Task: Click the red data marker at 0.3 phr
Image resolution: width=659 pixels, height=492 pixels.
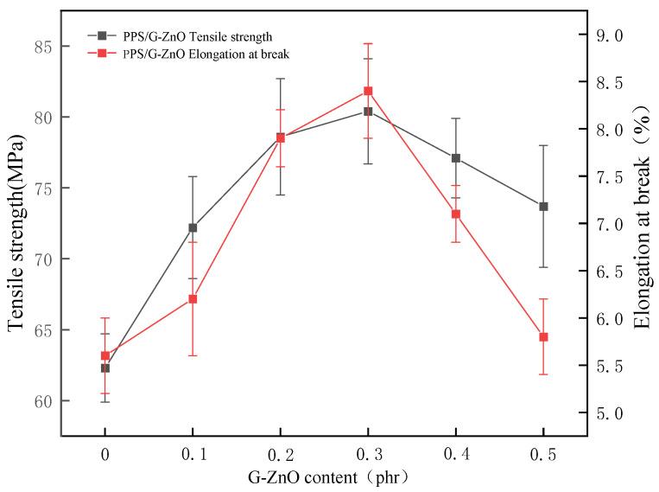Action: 368,91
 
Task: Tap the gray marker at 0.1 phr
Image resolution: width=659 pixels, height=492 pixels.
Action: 193,227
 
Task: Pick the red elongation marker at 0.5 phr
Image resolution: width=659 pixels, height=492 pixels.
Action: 543,336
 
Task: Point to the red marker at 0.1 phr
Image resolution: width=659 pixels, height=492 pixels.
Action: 193,299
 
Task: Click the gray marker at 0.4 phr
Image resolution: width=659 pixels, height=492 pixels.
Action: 455,158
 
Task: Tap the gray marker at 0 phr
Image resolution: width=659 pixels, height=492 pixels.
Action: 105,367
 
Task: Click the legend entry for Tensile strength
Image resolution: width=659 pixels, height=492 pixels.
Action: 181,36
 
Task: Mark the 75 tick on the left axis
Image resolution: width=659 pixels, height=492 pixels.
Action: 62,188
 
